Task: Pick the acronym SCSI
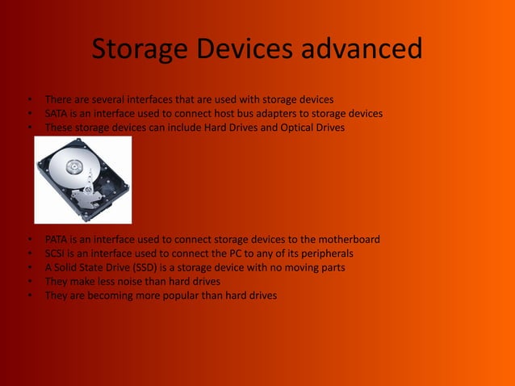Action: click(x=56, y=254)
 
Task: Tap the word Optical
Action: click(x=290, y=128)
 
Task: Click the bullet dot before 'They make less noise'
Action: click(x=29, y=282)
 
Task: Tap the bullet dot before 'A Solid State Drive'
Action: click(x=29, y=267)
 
